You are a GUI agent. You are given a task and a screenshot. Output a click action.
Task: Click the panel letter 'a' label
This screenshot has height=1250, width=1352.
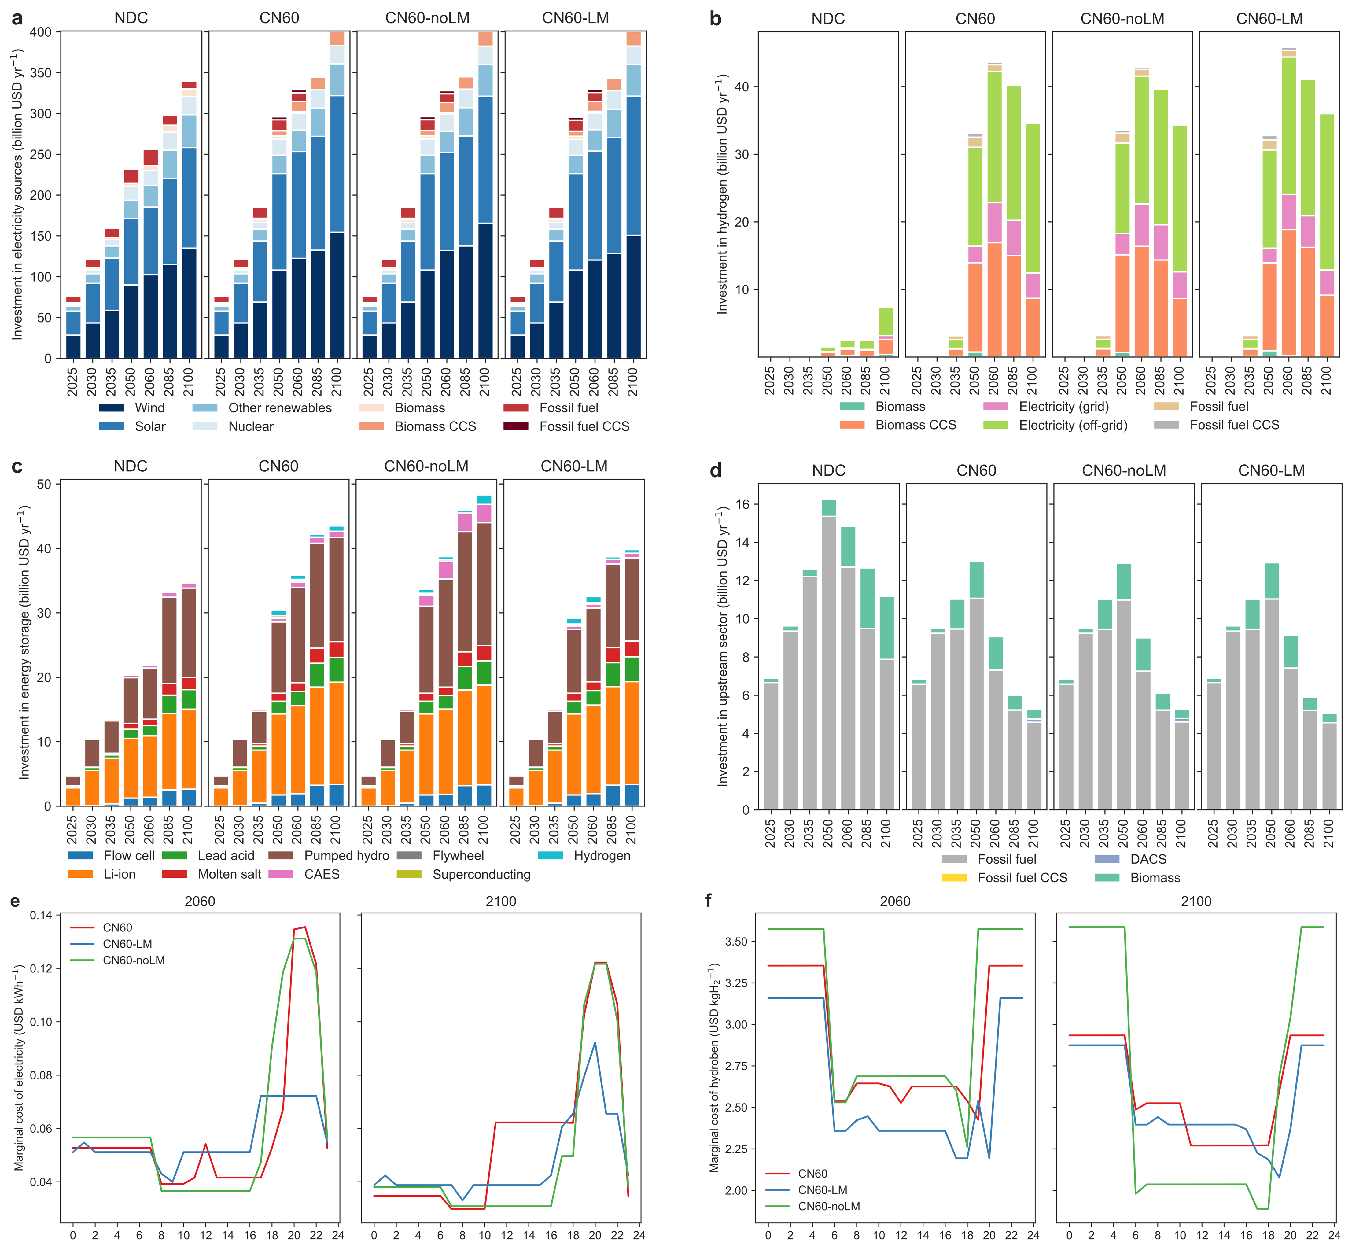(17, 19)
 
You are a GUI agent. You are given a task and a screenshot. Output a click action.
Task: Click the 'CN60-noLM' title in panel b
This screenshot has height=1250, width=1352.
(1122, 19)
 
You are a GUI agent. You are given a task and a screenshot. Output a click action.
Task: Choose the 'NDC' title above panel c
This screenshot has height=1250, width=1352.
(131, 466)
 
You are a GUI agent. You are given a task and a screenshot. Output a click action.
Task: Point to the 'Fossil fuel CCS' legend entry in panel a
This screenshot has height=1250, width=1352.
(584, 426)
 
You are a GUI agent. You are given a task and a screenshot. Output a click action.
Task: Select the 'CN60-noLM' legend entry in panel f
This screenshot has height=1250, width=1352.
(828, 1206)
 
